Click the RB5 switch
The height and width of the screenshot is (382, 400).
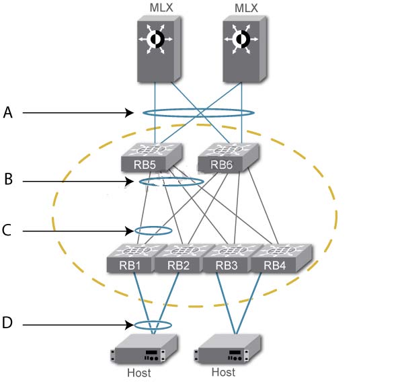(x=152, y=157)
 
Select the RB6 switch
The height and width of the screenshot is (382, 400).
(x=229, y=157)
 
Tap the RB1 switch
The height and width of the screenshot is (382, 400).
(x=131, y=258)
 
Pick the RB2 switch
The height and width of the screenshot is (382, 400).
(x=179, y=258)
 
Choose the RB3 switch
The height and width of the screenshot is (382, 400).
(x=227, y=258)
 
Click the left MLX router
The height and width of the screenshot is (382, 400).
(x=159, y=49)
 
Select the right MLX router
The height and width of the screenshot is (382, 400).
(x=245, y=49)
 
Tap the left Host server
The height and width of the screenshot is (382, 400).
(x=144, y=348)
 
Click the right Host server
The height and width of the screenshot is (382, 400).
(x=227, y=348)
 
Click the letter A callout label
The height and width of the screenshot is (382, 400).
(x=8, y=112)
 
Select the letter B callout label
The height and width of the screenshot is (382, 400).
(x=9, y=179)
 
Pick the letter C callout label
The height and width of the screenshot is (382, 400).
(x=7, y=230)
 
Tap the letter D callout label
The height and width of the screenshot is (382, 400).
(x=7, y=323)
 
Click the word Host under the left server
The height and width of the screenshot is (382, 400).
(x=139, y=373)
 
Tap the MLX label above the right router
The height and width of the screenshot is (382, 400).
(x=246, y=8)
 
